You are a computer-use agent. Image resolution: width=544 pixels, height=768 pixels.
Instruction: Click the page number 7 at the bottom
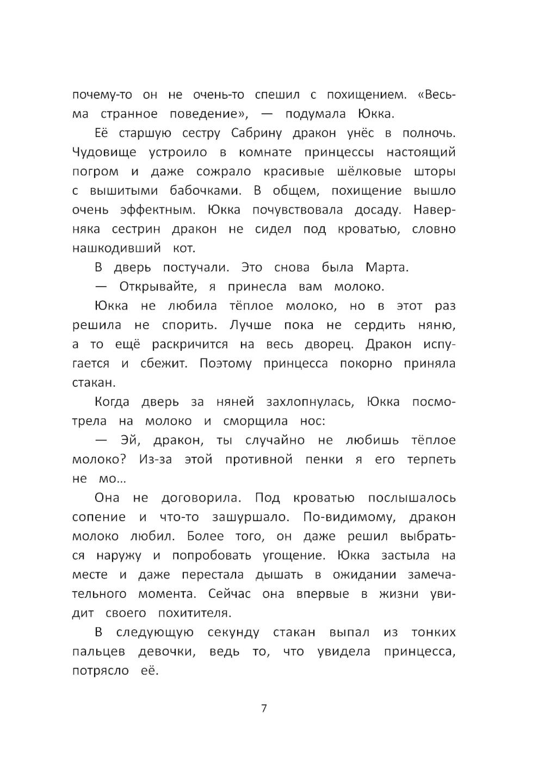[x=264, y=708]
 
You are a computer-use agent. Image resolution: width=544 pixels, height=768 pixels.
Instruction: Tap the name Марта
[x=386, y=268]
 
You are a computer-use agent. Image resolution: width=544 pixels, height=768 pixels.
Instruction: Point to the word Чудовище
[x=103, y=153]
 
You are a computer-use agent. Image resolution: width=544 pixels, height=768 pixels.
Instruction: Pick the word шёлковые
[x=369, y=172]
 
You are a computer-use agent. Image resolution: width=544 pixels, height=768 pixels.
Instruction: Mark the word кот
[x=183, y=249]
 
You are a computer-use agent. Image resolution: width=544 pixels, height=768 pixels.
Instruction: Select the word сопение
[x=98, y=517]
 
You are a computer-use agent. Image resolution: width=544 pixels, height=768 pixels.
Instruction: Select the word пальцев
[x=98, y=652]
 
